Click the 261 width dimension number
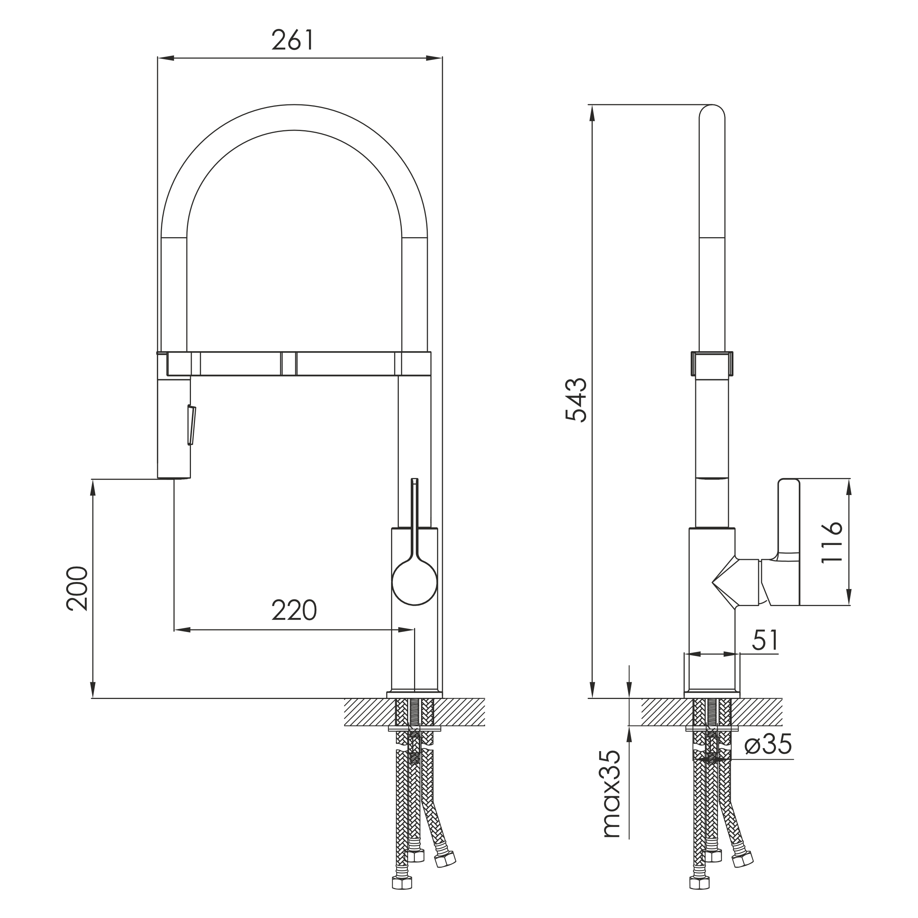pyautogui.click(x=293, y=40)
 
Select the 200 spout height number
pyautogui.click(x=77, y=589)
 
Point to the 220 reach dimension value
pyautogui.click(x=294, y=611)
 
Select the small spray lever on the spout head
pyautogui.click(x=192, y=425)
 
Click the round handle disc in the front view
pyautogui.click(x=414, y=582)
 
